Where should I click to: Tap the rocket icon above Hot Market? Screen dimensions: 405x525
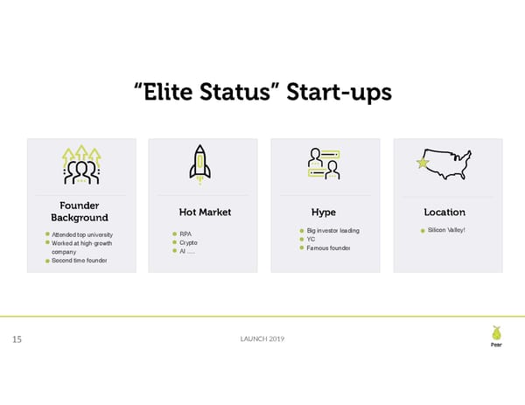click(x=200, y=164)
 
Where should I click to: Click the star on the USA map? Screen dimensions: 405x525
click(x=423, y=162)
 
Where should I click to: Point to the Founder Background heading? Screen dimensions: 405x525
click(x=80, y=212)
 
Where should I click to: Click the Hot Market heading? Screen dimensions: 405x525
click(x=205, y=212)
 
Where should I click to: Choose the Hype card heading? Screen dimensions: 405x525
click(x=323, y=212)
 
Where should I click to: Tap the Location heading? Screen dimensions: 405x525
click(x=444, y=212)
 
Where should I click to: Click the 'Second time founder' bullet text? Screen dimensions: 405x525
click(x=81, y=261)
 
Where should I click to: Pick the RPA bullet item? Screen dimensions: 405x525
click(x=185, y=234)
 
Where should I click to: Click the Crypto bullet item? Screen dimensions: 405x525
click(x=188, y=242)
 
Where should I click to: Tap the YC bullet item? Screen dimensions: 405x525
click(x=310, y=239)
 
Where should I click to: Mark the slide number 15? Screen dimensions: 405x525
click(x=17, y=339)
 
